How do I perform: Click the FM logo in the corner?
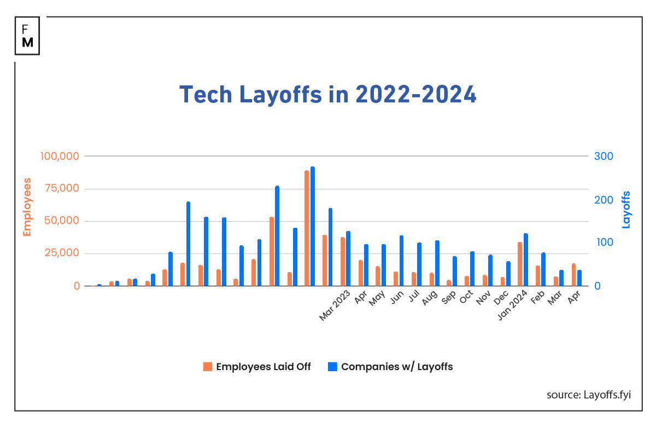pos(27,36)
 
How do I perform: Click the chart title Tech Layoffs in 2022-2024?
pos(328,94)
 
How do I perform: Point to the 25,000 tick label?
pos(61,253)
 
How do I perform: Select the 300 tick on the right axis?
pos(604,156)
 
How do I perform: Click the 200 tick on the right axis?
pos(604,200)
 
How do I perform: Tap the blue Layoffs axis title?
pos(626,210)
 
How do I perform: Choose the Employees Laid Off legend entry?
pos(257,367)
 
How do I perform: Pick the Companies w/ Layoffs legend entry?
pos(390,367)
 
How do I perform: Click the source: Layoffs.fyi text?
pos(588,395)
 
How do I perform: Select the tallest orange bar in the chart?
pos(307,228)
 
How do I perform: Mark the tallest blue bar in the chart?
pos(313,226)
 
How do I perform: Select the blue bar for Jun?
pos(401,261)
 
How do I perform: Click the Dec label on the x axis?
pos(502,298)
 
